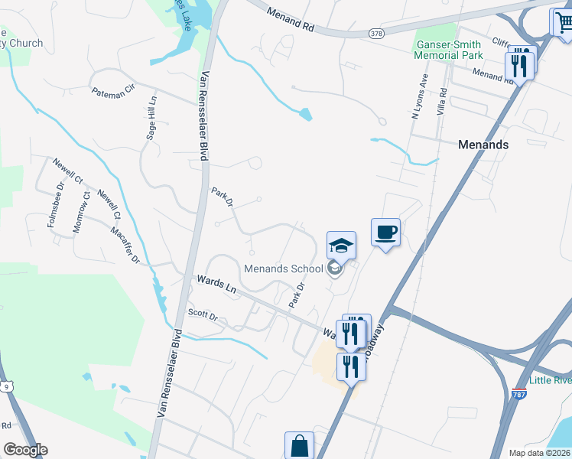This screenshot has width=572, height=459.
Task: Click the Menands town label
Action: pos(483,144)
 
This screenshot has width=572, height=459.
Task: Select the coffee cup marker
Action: pos(386,232)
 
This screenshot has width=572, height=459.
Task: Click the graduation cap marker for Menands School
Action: pos(342,246)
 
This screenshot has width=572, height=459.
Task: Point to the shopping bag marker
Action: pos(299,445)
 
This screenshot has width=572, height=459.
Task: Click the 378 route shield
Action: pos(375,33)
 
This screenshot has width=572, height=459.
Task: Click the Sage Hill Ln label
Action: pos(151,117)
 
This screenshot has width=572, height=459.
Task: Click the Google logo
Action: pos(26,450)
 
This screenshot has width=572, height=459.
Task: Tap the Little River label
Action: pos(551,381)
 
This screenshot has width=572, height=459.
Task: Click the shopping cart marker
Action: pos(562,22)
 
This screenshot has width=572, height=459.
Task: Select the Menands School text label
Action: pos(284,269)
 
